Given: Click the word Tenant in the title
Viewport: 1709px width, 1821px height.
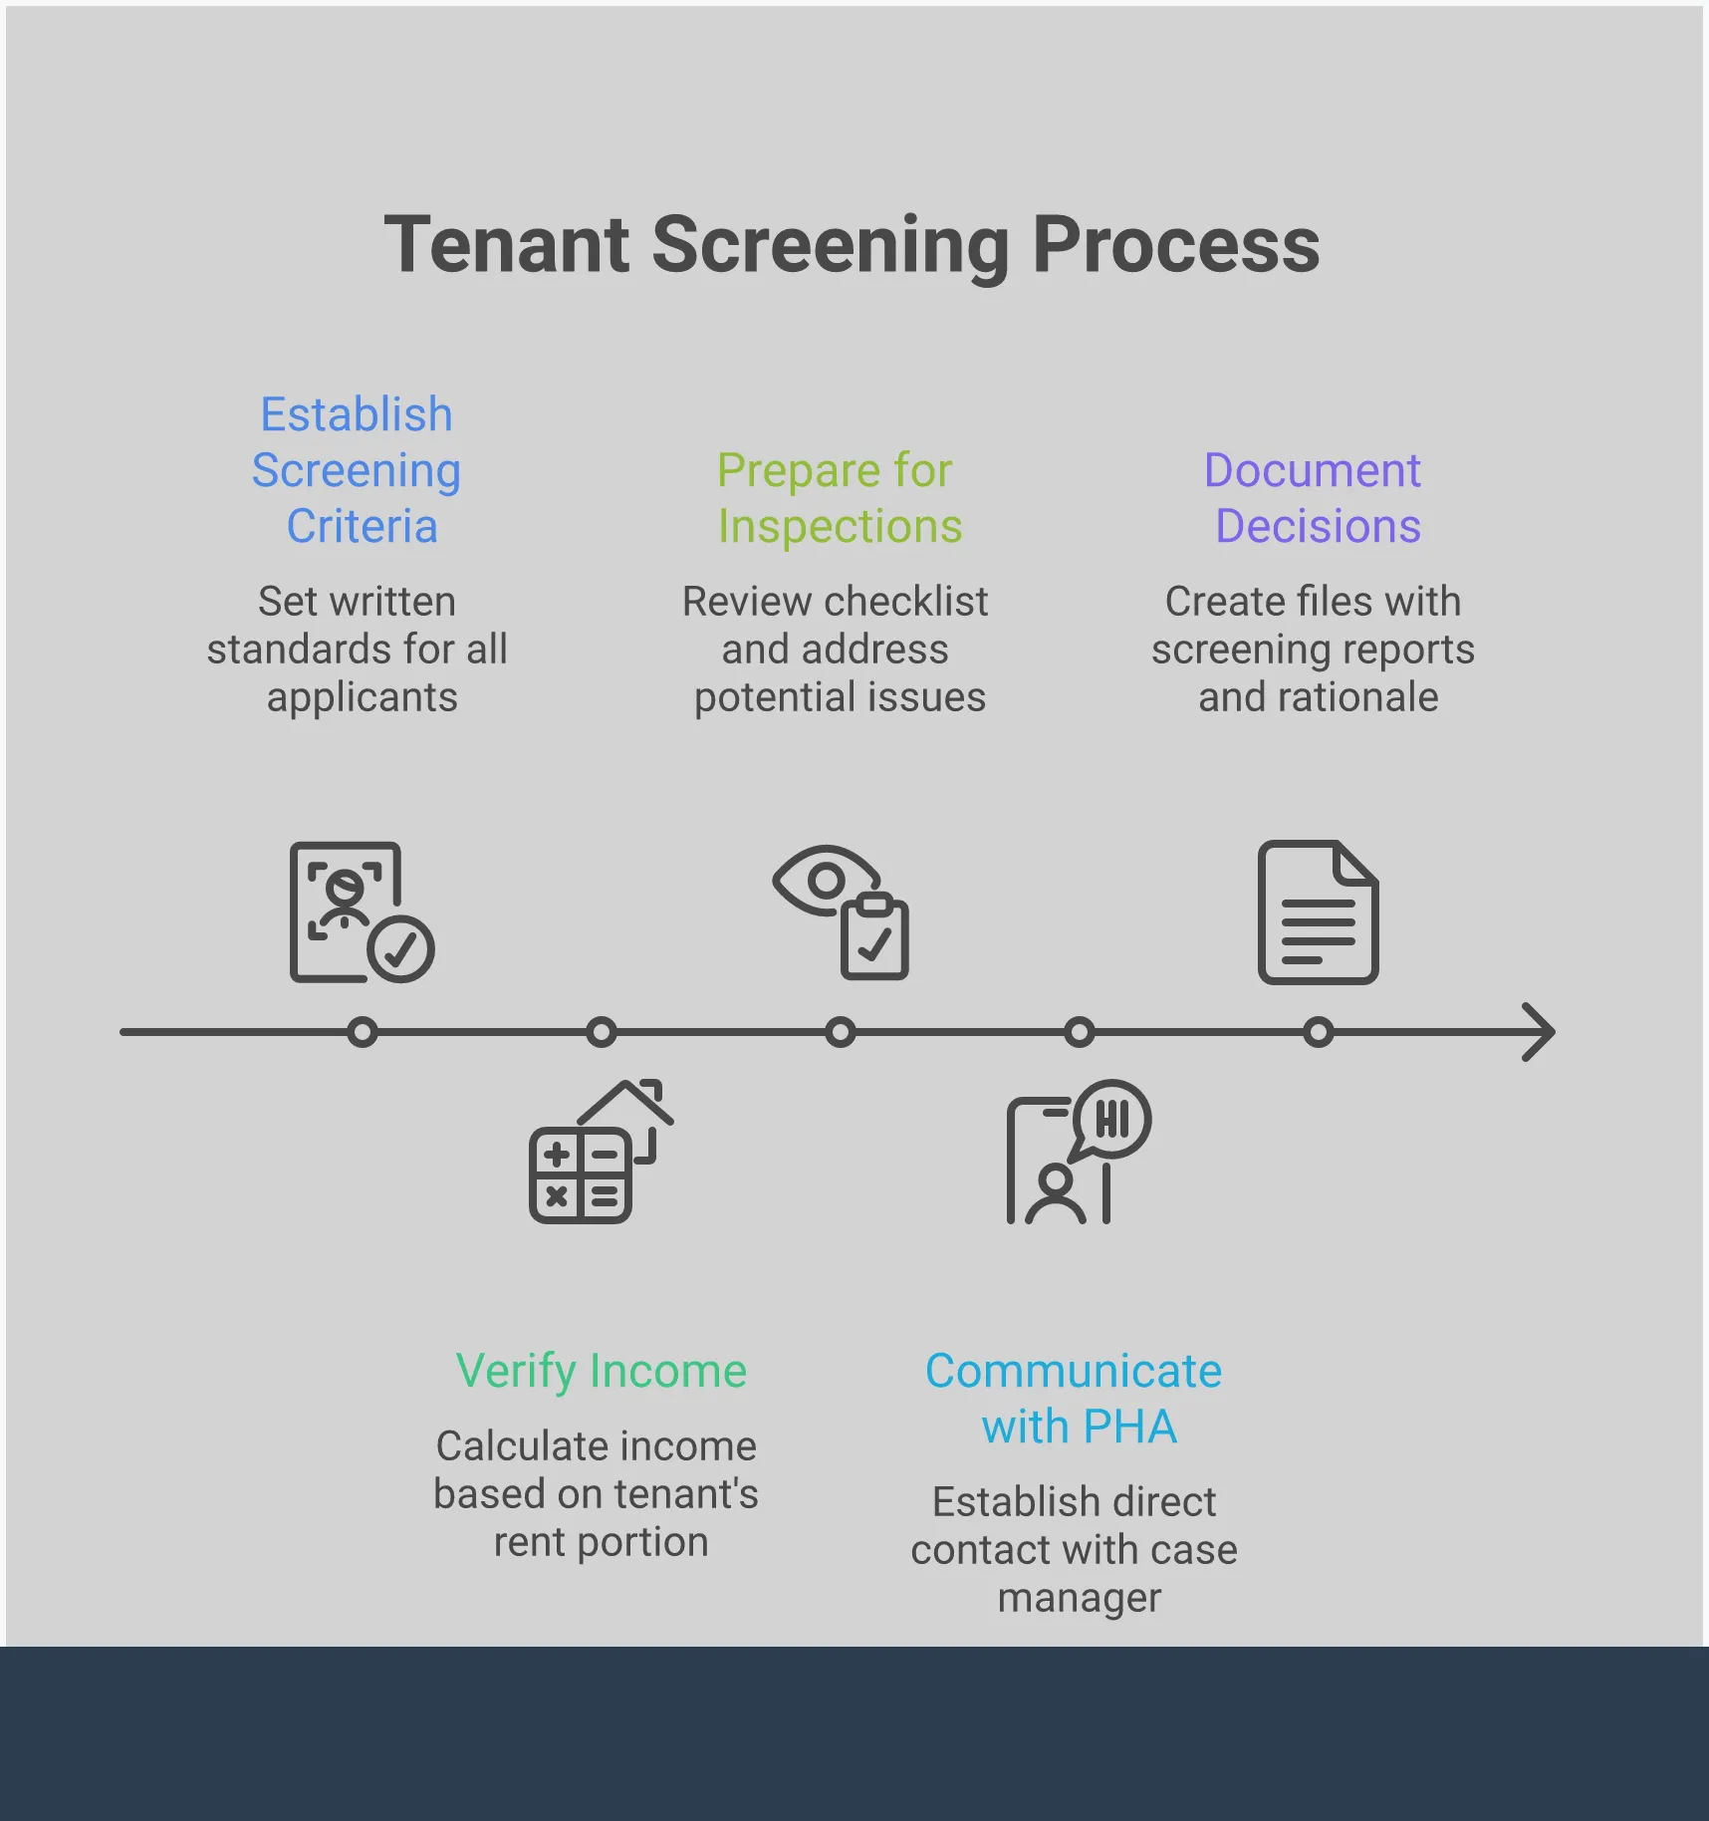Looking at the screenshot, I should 506,245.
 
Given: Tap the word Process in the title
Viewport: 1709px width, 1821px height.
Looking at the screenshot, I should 1175,245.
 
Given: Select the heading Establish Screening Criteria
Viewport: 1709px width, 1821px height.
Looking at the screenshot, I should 357,470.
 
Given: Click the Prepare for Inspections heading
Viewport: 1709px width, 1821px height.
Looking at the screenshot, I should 839,498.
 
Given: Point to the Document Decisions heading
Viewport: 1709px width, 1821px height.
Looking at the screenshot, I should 1315,498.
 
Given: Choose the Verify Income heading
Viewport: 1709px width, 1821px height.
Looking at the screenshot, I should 602,1371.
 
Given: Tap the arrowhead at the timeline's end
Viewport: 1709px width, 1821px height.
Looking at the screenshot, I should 1540,1032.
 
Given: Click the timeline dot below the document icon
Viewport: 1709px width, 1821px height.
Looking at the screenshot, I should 1318,1032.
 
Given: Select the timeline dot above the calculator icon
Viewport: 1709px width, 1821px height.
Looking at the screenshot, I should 601,1032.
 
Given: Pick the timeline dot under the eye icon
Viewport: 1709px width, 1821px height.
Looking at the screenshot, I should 840,1032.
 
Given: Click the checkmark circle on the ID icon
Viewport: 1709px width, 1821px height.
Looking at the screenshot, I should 400,949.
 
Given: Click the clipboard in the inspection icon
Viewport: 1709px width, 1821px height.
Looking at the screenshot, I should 874,938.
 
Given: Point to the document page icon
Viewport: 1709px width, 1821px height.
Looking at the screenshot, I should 1318,912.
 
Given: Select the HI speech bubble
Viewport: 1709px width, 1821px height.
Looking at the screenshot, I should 1112,1119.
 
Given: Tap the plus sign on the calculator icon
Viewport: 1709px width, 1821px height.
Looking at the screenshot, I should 557,1155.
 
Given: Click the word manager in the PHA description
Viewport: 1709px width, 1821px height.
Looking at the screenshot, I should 1080,1598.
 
